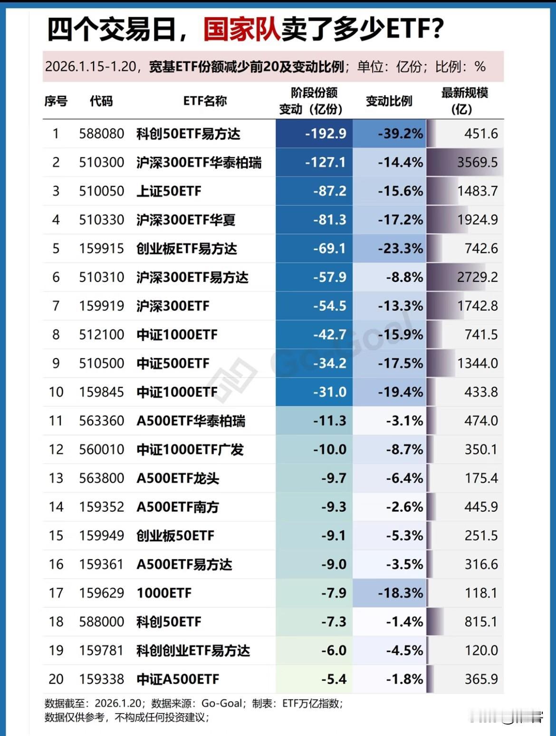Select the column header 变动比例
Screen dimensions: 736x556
pos(389,101)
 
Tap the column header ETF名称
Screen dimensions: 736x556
pos(205,101)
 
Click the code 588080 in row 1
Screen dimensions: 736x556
pos(102,134)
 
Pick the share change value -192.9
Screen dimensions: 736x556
pos(326,134)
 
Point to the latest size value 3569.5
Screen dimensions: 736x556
pos(477,163)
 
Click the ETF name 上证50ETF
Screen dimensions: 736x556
pos(169,191)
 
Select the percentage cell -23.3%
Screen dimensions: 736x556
pos(400,249)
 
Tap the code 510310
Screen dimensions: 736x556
pos(102,277)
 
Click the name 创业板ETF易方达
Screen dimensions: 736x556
pos(186,249)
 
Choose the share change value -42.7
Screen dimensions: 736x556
pos(329,335)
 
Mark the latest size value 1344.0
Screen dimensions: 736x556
pos(477,363)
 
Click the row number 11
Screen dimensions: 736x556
pos(56,421)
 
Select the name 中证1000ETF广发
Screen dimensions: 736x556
pos(190,449)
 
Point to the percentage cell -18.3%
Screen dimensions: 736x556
pos(400,593)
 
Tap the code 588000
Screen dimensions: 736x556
pos(102,621)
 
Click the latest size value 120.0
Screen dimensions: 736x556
pos(481,650)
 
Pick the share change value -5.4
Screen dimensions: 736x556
pos(334,679)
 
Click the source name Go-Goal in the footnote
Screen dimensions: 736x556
pos(221,703)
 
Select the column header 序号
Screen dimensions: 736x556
pos(56,101)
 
